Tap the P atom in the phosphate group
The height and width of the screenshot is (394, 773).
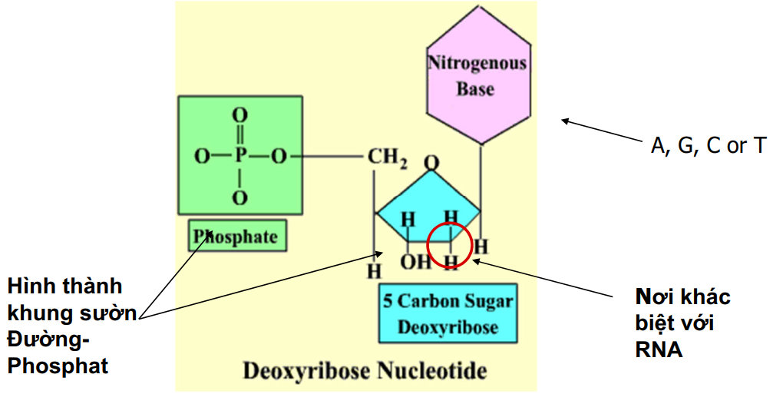tap(240, 157)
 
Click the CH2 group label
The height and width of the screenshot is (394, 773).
tap(386, 158)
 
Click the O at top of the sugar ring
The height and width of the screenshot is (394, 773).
tap(431, 164)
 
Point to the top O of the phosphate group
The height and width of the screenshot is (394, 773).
tap(240, 116)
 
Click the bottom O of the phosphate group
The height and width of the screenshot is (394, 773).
tap(240, 198)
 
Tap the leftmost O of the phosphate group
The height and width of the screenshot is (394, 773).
tap(201, 157)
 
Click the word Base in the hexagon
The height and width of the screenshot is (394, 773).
tap(476, 89)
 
